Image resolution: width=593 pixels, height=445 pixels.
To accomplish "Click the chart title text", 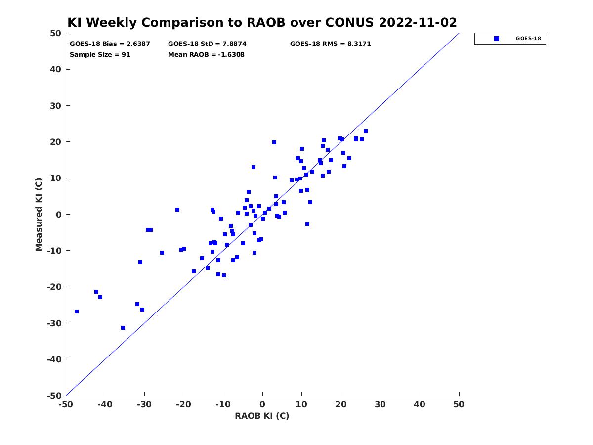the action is [261, 22].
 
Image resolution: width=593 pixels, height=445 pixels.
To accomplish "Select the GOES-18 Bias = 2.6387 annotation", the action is [109, 44].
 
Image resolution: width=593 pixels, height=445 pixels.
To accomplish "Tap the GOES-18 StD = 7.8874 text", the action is [207, 44].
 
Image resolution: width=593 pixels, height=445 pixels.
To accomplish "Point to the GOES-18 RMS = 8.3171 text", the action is [330, 44].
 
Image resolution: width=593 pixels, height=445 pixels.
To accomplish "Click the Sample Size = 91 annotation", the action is [100, 54].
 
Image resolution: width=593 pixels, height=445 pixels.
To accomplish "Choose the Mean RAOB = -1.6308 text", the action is [206, 54].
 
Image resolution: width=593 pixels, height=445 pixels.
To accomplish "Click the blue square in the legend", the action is [496, 39].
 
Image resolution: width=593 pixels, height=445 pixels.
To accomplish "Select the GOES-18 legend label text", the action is [528, 39].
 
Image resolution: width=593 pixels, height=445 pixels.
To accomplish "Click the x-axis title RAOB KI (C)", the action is [261, 416].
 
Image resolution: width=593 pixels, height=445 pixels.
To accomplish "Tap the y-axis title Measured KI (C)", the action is [39, 214].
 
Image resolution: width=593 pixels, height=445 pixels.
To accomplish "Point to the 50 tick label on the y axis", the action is [55, 33].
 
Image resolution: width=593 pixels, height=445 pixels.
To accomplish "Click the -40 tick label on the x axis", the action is [105, 405].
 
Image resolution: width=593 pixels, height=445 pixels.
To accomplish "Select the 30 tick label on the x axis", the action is [380, 405].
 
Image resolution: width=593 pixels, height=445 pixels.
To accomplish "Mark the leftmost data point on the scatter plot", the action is [77, 311].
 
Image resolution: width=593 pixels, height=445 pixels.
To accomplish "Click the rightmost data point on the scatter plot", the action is [365, 131].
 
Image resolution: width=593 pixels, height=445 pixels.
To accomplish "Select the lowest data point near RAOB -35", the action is [123, 328].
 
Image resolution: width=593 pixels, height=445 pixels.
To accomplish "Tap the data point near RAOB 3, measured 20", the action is [274, 142].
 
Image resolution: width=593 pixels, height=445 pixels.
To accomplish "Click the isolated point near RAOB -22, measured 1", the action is [177, 210].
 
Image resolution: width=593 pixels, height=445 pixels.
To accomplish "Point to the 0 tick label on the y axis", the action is [59, 215].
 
